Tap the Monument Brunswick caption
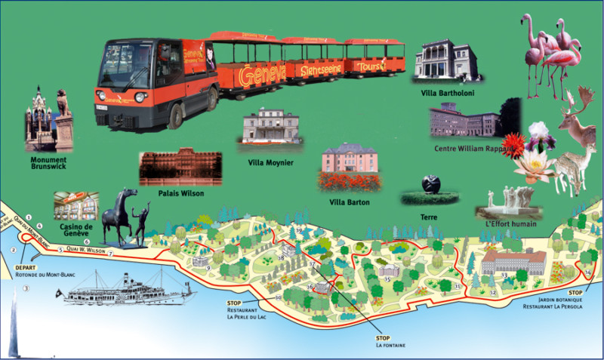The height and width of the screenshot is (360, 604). [x=48, y=164]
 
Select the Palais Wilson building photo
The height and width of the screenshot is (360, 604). [x=180, y=166]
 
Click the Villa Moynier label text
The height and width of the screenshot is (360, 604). [x=270, y=162]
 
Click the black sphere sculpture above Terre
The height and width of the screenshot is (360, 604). [x=430, y=183]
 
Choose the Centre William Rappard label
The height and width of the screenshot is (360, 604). [x=473, y=149]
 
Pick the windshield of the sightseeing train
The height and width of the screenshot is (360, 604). [x=127, y=66]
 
